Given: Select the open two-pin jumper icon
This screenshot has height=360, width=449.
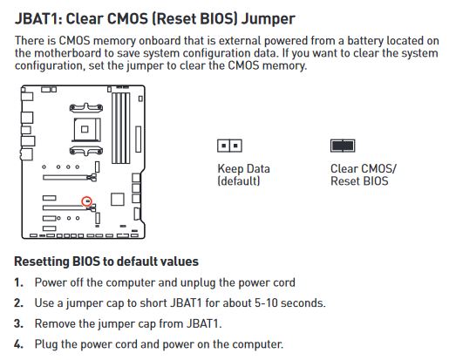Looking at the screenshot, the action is coord(229,146).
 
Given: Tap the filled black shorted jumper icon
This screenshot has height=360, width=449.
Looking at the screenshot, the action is coord(343,146).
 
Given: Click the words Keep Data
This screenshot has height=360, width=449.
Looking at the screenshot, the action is coord(243,169).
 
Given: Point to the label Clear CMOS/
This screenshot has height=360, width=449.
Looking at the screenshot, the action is coord(363,169).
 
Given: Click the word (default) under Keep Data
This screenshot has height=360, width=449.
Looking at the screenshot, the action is coord(239,181).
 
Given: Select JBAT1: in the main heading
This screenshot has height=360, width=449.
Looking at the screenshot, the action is coord(38,19).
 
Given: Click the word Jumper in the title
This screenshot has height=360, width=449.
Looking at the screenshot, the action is coord(269,20).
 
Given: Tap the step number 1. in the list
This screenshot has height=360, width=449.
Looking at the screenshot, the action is coord(19,282).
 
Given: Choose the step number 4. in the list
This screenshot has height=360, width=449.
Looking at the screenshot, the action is coord(19,344).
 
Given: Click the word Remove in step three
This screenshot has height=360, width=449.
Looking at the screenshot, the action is coord(55,323).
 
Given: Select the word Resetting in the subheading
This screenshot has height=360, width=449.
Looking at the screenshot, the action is coord(42,262).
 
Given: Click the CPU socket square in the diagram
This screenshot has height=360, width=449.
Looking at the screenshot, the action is coord(85,129).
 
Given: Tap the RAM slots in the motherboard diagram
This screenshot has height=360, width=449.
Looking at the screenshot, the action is coord(121,128).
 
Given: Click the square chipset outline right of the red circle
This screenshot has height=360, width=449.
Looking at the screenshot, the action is coord(118,200).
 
